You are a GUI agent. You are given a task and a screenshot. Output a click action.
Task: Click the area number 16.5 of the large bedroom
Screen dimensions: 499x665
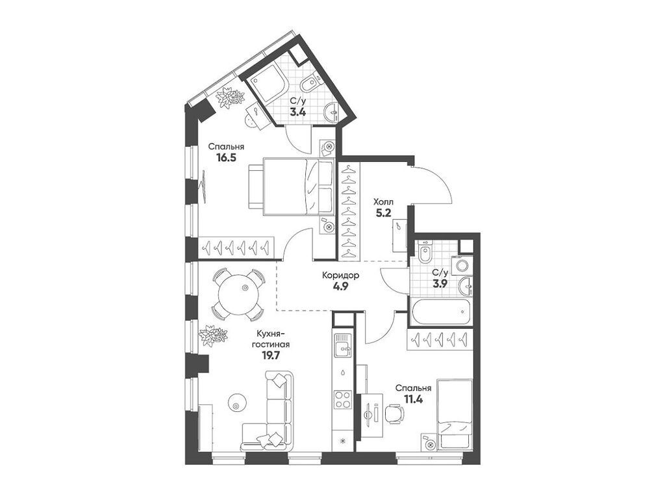[226, 157]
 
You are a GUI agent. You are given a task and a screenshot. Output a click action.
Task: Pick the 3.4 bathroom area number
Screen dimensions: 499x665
[297, 112]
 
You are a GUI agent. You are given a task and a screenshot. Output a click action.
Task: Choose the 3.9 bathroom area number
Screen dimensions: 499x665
[440, 284]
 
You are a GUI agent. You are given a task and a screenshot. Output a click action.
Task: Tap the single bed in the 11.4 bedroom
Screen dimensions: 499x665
[454, 414]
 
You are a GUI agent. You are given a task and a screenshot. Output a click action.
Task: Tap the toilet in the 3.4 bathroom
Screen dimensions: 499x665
[310, 83]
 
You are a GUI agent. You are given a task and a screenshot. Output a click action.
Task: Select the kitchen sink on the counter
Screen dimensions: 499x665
[342, 348]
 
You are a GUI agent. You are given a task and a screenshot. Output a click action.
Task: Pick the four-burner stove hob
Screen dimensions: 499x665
[342, 398]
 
